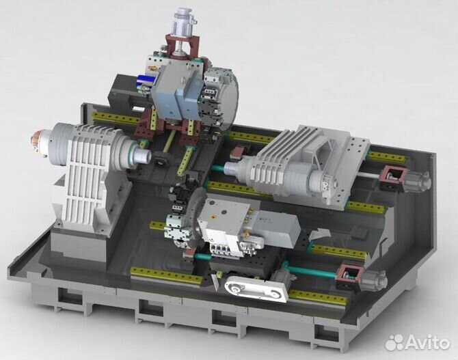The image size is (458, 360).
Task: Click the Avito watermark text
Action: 427,342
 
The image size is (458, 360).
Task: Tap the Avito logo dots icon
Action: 394,342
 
